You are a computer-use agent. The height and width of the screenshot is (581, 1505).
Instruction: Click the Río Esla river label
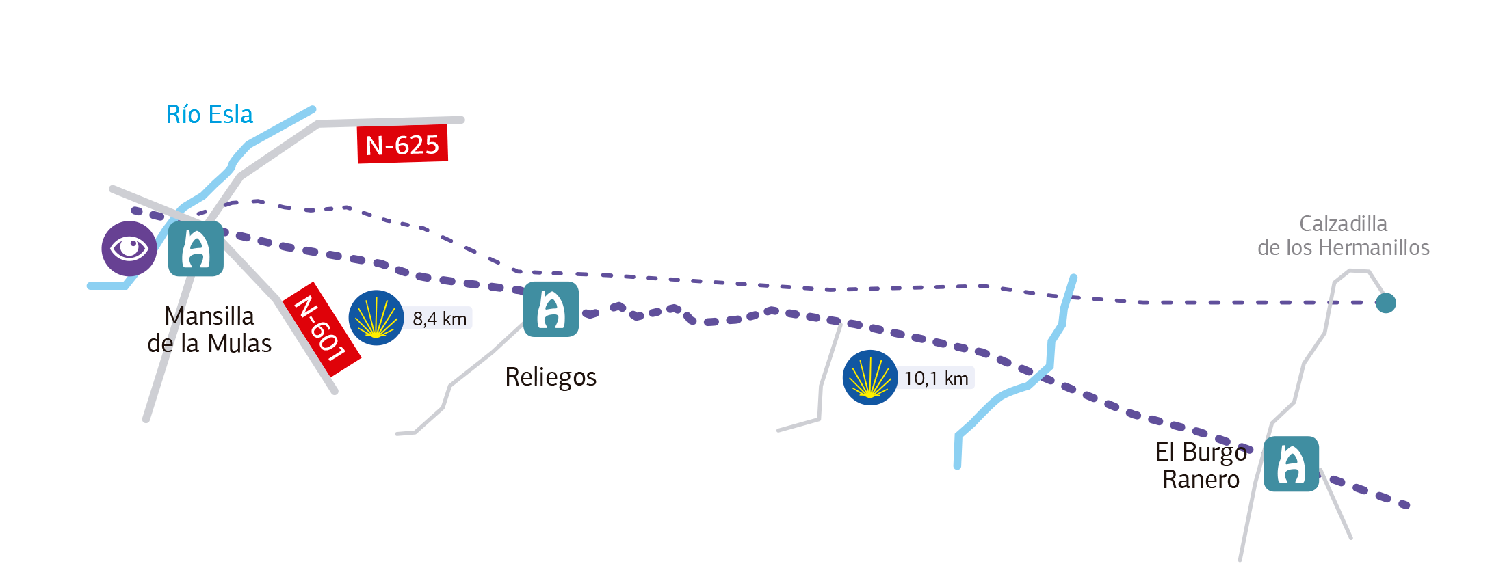click(209, 115)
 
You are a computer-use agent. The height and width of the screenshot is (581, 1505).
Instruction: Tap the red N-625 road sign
click(402, 144)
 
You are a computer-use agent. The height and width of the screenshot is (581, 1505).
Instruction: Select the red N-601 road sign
click(322, 329)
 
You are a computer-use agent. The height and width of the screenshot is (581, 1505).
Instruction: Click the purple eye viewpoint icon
click(129, 248)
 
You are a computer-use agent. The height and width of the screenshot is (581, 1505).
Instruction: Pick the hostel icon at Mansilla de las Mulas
click(196, 249)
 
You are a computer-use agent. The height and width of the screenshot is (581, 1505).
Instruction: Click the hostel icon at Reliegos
click(551, 309)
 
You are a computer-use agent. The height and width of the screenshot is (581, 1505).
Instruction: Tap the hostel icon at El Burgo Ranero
click(1291, 464)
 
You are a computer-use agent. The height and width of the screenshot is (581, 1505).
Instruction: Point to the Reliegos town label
click(551, 377)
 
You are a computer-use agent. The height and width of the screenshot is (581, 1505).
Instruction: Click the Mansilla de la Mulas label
click(209, 329)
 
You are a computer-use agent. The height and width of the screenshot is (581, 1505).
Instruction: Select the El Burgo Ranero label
click(1201, 465)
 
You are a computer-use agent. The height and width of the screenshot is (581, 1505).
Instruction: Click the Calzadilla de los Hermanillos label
click(1343, 236)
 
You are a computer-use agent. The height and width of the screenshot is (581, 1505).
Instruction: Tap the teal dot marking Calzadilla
click(1386, 303)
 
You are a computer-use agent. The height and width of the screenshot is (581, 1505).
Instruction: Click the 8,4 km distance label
click(439, 319)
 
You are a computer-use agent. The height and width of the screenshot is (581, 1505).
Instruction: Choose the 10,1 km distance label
click(936, 378)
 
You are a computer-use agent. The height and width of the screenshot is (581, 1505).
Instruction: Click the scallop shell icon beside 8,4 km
click(376, 318)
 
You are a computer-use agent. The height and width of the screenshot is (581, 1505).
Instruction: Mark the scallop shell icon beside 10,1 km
click(870, 377)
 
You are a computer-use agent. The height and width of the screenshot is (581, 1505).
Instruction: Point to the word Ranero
click(1201, 480)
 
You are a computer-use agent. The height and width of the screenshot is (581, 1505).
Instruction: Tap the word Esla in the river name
click(231, 115)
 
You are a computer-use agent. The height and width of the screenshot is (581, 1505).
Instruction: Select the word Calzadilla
click(1343, 224)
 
